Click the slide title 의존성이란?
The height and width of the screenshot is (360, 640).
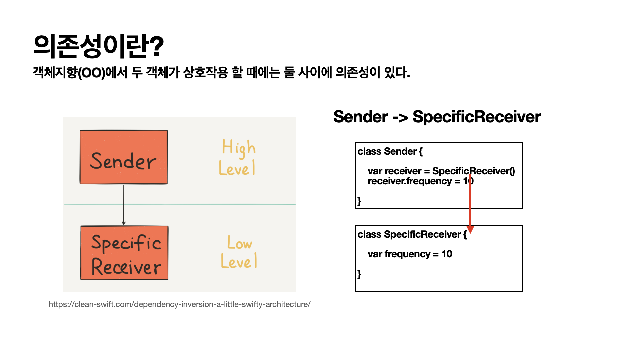click(99, 46)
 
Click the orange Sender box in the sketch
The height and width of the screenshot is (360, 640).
click(124, 157)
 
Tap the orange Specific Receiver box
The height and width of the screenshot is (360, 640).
click(124, 253)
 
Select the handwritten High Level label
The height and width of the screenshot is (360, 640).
click(238, 157)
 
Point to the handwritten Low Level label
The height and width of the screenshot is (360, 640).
click(239, 252)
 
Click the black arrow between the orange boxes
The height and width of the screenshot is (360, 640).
click(124, 205)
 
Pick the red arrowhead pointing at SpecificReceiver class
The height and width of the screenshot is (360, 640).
click(470, 229)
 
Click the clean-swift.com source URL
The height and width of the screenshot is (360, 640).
click(179, 304)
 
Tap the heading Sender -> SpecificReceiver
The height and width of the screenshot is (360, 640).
click(437, 117)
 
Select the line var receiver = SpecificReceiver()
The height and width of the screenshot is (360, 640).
click(441, 171)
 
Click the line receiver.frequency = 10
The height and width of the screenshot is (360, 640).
click(420, 181)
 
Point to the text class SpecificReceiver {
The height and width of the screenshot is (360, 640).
click(412, 234)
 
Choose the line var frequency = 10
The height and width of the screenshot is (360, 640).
click(410, 254)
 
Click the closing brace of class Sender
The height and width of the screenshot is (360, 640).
click(359, 201)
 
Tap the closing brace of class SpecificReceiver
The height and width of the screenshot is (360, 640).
click(359, 274)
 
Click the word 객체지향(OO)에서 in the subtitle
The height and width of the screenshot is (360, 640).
click(80, 72)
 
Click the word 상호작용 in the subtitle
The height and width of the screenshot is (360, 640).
click(205, 72)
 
